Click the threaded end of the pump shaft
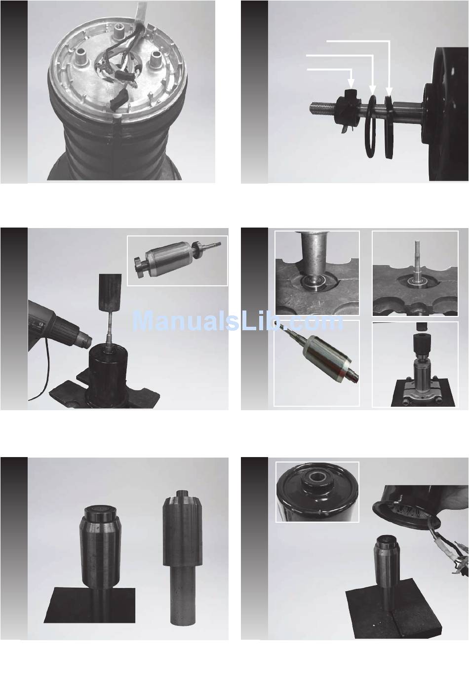point(322,108)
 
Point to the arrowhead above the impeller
point(351,83)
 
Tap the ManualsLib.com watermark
point(238,321)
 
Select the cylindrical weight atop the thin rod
point(110,292)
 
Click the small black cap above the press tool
point(420,326)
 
